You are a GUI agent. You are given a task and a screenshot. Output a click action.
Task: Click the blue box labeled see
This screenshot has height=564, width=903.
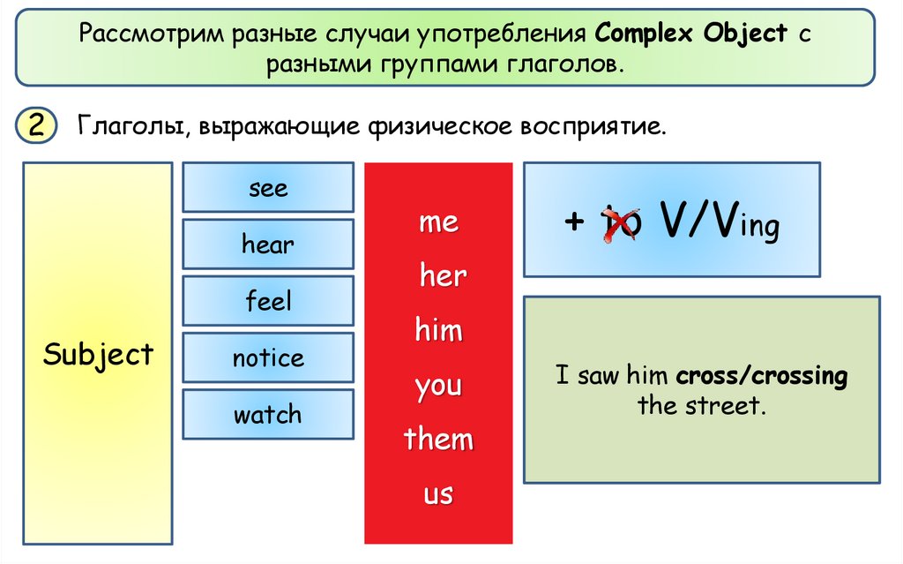pos(268,188)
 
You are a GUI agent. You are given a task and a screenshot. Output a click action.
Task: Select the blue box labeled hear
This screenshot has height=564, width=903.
pos(268,244)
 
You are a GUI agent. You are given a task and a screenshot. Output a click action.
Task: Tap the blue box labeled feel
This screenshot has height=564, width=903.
pos(268,301)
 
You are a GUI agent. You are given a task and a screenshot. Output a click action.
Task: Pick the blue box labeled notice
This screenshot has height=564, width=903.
pos(268,357)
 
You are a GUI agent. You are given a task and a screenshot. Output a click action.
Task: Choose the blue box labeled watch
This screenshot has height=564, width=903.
pos(268,414)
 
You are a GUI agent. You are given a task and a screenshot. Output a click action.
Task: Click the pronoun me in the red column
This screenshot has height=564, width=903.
pos(438,222)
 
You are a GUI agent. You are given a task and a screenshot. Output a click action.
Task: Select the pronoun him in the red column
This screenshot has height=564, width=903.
pos(438,331)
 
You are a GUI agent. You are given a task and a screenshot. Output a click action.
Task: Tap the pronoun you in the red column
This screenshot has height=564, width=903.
pos(438,387)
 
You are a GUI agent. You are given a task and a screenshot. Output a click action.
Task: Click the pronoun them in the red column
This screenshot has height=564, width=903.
pos(438,440)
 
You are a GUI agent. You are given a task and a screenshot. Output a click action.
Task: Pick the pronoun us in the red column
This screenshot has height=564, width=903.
pos(438,494)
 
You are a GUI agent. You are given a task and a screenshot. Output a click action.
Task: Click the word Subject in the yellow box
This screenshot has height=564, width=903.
pos(98,355)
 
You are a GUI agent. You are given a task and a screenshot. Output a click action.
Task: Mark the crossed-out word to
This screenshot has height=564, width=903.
pos(620,224)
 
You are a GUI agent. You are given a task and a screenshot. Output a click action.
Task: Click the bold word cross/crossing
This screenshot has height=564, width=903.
pos(762,377)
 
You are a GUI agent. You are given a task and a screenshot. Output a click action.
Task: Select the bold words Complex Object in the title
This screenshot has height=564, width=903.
pos(691,34)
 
